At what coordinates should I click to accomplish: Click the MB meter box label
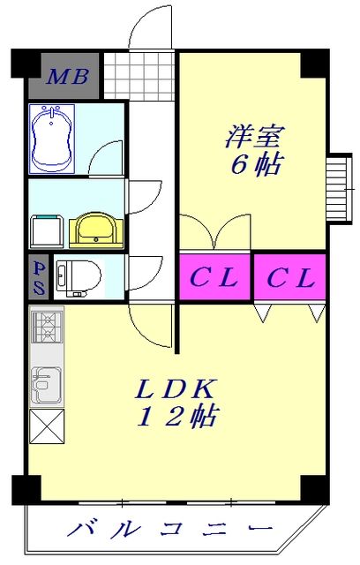[x=68, y=77]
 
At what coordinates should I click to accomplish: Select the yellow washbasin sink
[x=92, y=230]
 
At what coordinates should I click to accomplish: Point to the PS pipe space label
[x=40, y=277]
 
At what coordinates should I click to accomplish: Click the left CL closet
[x=215, y=279]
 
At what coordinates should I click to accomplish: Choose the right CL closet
[x=290, y=279]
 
